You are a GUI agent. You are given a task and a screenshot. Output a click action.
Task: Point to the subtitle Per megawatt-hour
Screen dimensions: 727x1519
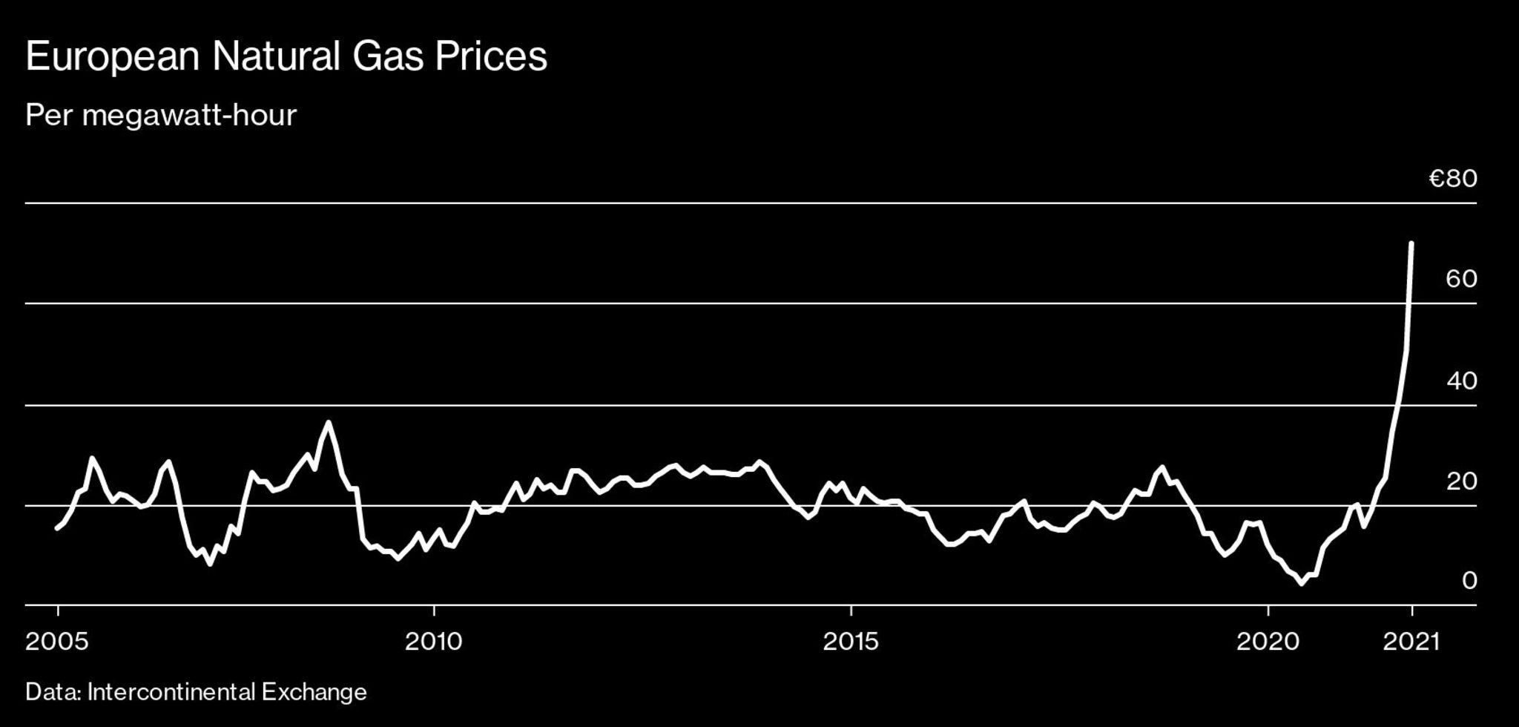point(161,116)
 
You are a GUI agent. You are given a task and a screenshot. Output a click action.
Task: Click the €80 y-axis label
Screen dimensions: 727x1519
point(1453,179)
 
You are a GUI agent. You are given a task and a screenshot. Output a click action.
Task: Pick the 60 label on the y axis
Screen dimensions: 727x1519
point(1461,279)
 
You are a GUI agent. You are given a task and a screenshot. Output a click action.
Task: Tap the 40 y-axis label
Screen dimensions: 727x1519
point(1461,381)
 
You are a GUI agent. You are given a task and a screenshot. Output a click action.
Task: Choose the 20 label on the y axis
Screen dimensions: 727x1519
point(1461,481)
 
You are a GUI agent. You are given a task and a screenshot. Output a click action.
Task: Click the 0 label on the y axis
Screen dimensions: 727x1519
point(1469,581)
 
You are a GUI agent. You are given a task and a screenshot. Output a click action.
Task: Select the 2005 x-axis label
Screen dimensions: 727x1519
point(57,641)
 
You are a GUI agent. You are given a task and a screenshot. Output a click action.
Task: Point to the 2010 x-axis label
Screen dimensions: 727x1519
point(434,641)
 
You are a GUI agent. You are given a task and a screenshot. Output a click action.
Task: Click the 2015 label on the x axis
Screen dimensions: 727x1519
point(851,641)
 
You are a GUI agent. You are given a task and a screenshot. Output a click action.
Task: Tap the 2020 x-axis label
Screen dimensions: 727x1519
point(1268,641)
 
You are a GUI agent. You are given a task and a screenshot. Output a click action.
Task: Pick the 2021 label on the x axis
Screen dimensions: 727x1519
point(1411,641)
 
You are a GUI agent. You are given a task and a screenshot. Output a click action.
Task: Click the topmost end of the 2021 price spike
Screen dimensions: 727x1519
point(1411,243)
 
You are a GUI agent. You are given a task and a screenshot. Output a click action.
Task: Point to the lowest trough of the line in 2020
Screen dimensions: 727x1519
point(1301,584)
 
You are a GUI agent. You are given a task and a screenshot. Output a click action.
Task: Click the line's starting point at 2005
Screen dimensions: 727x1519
point(57,528)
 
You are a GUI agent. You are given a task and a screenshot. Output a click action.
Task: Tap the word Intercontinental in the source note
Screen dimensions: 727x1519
point(171,692)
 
